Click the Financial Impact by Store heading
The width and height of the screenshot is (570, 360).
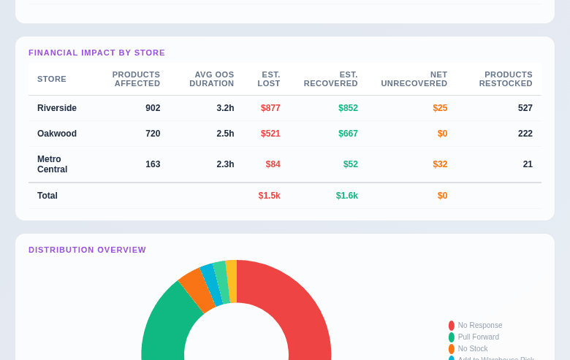[x=96, y=53]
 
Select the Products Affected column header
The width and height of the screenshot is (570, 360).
[x=136, y=79]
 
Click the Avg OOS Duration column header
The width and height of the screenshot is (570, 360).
[x=211, y=79]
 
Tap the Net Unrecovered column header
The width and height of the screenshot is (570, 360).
[x=414, y=79]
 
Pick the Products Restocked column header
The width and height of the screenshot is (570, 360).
[x=506, y=79]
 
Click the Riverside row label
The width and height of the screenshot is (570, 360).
[x=57, y=108]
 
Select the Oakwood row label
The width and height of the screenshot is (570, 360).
[x=57, y=134]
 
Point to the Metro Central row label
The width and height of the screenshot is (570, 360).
[x=52, y=164]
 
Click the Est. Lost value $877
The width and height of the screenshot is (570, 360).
[x=270, y=108]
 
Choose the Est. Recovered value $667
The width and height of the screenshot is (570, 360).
[x=348, y=134]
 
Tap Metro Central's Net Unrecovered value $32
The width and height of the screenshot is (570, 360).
[x=440, y=164]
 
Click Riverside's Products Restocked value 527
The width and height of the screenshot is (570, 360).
[x=525, y=108]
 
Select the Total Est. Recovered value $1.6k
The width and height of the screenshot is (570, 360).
[x=346, y=196]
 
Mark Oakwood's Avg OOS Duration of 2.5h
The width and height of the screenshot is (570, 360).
[x=225, y=134]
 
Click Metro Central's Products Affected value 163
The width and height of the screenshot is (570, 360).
[x=153, y=164]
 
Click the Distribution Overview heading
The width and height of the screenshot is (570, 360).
[x=87, y=250]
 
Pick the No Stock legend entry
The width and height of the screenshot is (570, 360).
[x=472, y=349]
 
